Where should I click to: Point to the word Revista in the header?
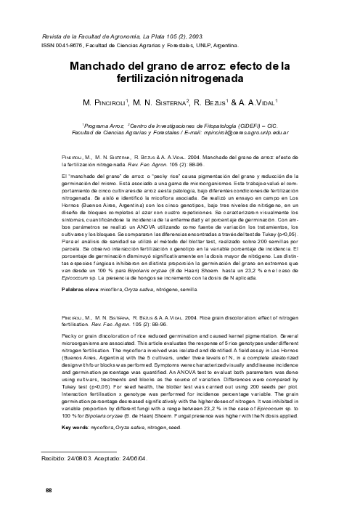54,34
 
